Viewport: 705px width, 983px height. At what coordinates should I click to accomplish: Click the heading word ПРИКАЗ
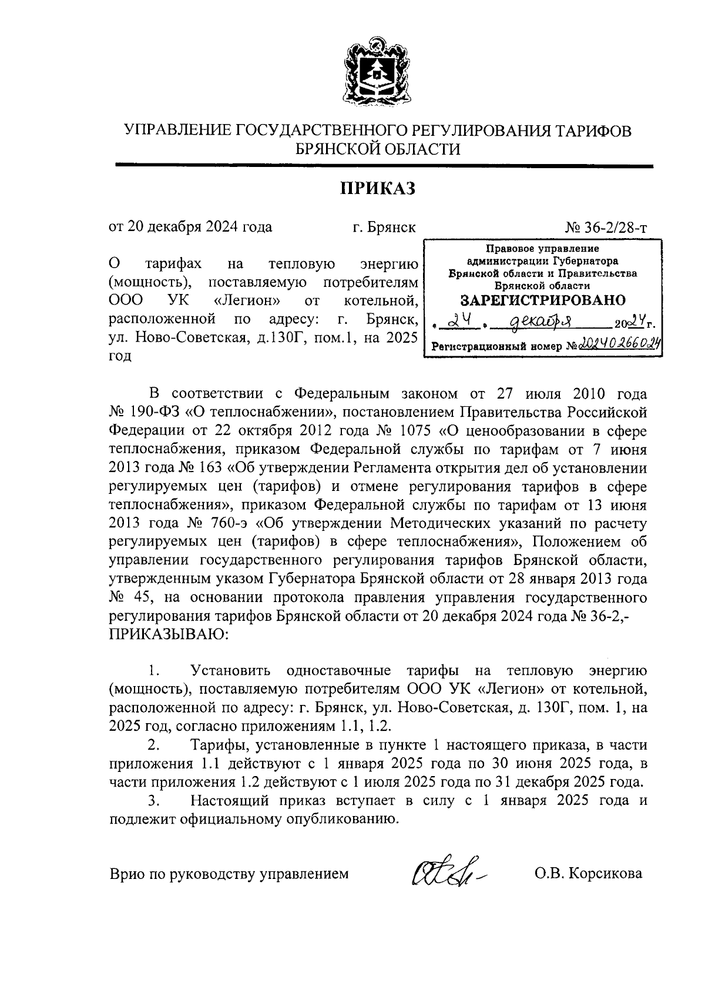click(x=378, y=188)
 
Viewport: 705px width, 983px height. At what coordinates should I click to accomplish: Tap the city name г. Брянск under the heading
click(x=384, y=228)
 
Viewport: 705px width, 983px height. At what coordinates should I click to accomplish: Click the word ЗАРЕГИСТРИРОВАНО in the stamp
click(x=542, y=301)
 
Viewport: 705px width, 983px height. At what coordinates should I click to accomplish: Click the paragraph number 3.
click(x=154, y=801)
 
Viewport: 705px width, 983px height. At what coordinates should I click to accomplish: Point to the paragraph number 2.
click(x=154, y=745)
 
